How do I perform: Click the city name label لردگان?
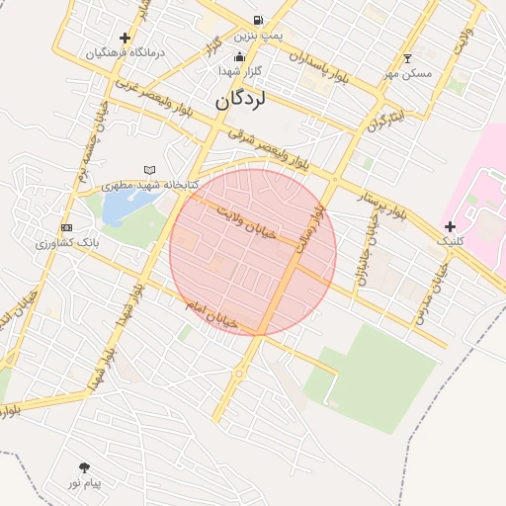point(241,99)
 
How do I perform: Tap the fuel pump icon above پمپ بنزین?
point(258,20)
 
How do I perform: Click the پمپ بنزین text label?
point(259,36)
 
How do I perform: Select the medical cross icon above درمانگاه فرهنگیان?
point(125,38)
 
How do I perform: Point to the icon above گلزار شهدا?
point(240,56)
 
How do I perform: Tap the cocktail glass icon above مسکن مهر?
point(407,59)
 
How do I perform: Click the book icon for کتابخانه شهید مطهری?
point(149,170)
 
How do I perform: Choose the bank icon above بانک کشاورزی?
point(66,228)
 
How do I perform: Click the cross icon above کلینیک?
point(451,227)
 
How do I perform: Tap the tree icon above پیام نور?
point(83,467)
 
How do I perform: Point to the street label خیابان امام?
point(211,315)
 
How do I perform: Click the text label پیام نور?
point(86,483)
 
